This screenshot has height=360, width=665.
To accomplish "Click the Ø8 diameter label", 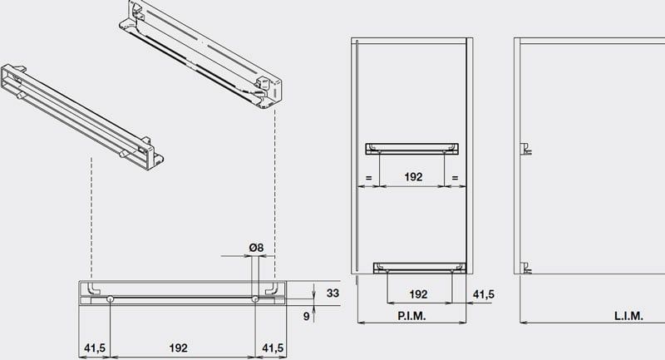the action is pos(256,247).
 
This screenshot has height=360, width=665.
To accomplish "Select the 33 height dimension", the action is pos(333,293).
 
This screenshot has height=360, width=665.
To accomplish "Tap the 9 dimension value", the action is pos(306,316).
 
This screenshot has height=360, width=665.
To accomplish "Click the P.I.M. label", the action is pos(411,316).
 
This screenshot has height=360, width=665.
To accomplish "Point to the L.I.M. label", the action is pos(628,316).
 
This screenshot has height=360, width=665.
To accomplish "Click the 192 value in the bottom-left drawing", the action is pos(178,348).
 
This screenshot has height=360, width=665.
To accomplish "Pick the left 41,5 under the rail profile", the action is pos(95,348).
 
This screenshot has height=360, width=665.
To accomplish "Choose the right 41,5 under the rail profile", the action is pos(273,348).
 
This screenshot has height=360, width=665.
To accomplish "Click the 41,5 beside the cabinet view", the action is pos(484,294).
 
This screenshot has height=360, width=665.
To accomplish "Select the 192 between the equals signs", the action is pos(413,177).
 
